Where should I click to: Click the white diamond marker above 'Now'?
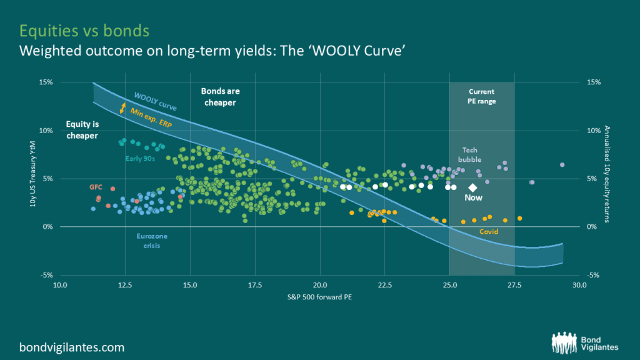[473, 187]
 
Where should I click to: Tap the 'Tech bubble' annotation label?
[469, 154]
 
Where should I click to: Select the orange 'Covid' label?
[489, 232]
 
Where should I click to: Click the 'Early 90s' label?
[141, 158]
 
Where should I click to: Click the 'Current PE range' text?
[482, 96]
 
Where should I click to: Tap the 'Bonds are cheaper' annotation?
[220, 97]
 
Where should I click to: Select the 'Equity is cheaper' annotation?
[82, 129]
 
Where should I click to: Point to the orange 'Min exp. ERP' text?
[152, 117]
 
